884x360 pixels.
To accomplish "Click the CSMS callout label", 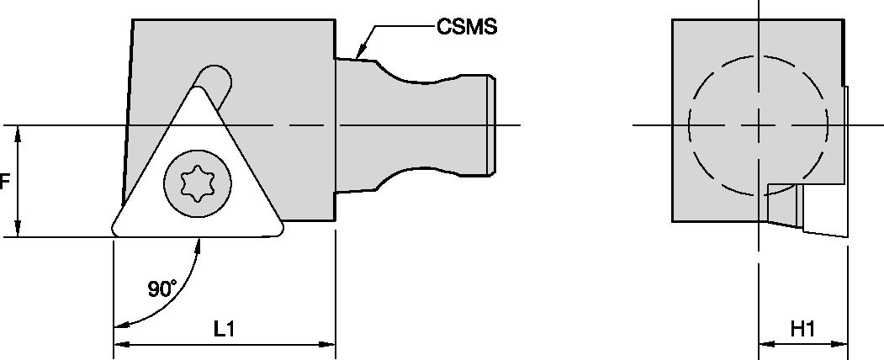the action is (467, 26).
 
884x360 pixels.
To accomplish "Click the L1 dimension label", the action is (224, 329).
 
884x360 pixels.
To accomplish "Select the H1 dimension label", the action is (802, 329).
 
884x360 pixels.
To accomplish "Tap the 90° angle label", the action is (162, 289).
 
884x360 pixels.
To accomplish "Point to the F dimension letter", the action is (4, 182).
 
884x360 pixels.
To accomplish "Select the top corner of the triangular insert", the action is (198, 88).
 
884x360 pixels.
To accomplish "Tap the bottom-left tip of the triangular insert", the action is (115, 231).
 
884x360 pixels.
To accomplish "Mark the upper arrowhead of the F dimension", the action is (18, 134).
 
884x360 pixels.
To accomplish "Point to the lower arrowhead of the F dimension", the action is (18, 228).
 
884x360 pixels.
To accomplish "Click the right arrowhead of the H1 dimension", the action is (840, 344).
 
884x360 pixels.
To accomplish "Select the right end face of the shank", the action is (491, 125).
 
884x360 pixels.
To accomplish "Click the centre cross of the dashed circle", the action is (759, 125).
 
